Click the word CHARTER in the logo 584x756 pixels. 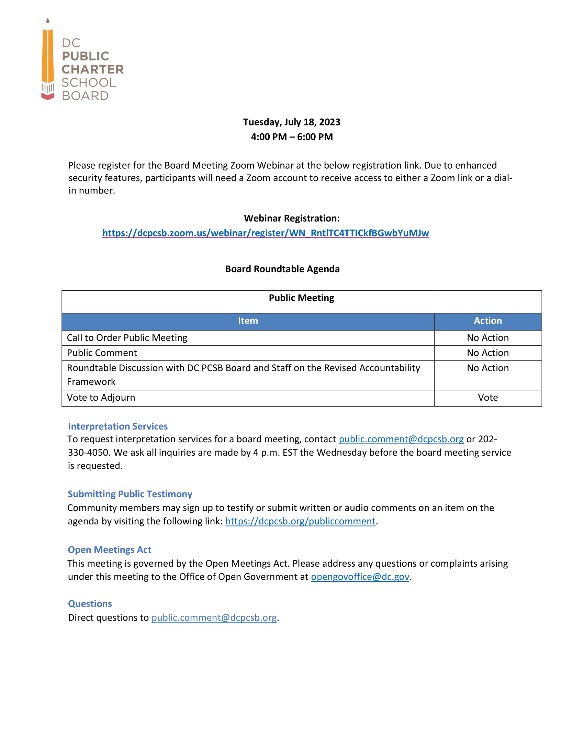click(x=92, y=69)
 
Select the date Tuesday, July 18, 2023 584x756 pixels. click(x=291, y=122)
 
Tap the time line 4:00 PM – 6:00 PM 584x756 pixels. click(x=291, y=137)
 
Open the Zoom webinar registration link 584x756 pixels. click(x=265, y=233)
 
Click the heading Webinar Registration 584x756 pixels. click(x=291, y=218)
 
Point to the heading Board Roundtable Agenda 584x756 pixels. click(x=282, y=269)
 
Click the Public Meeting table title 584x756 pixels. click(x=301, y=298)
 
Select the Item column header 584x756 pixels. click(x=248, y=321)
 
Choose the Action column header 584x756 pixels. click(x=487, y=321)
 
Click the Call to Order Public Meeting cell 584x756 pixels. click(x=127, y=337)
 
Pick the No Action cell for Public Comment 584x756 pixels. click(x=487, y=353)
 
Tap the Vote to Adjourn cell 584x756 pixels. click(x=101, y=397)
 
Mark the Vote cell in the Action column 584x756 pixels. click(x=487, y=397)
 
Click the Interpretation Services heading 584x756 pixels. click(x=117, y=426)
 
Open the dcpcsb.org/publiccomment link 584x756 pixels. click(x=300, y=521)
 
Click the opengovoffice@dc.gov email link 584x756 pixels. click(x=360, y=576)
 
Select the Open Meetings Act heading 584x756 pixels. click(x=109, y=549)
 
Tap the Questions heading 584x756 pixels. click(x=90, y=603)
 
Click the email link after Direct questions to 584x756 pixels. click(x=214, y=618)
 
